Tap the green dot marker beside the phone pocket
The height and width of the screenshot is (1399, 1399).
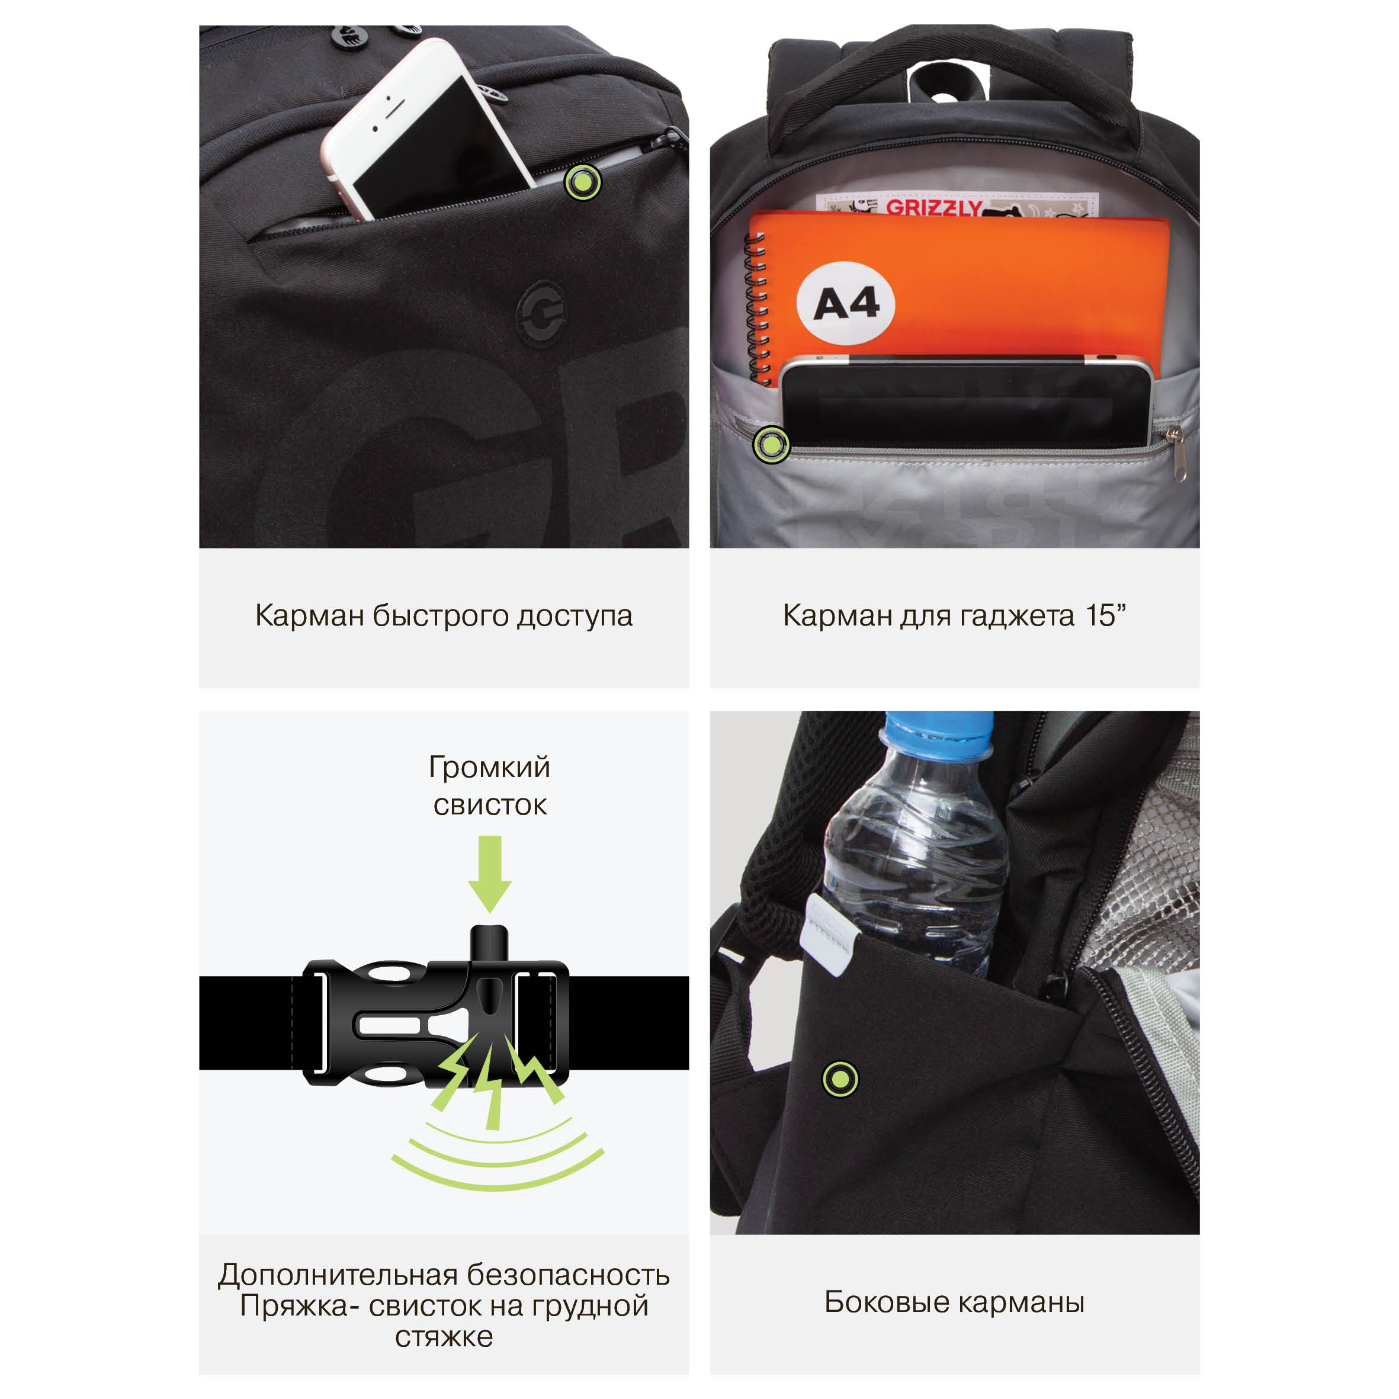583,182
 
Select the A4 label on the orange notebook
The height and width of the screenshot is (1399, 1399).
846,303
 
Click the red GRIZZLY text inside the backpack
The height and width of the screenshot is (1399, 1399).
934,208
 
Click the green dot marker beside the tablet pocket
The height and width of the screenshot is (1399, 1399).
771,445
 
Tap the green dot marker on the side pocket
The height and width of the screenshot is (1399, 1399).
840,1079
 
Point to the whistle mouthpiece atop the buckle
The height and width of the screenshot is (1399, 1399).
489,943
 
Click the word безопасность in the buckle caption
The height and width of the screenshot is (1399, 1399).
569,1275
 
